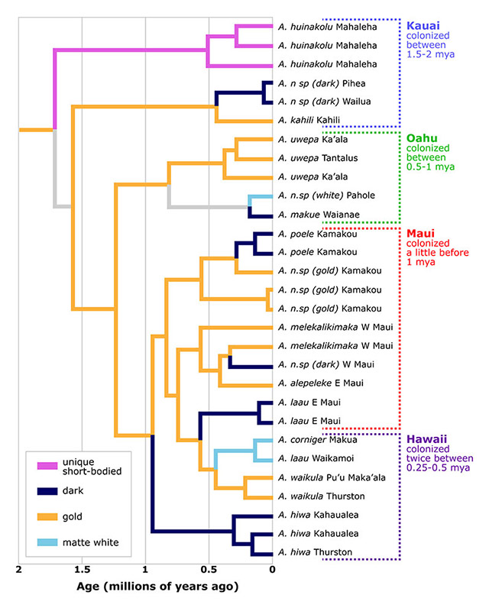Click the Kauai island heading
click(423, 26)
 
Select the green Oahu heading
click(422, 138)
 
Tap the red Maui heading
click(420, 234)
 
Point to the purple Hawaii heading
click(426, 439)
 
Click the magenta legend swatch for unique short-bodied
click(47, 466)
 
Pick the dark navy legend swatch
click(47, 491)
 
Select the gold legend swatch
click(47, 517)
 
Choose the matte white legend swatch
click(47, 542)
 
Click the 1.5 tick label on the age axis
click(82, 570)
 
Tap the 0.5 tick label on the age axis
click(209, 570)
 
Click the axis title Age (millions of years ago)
click(157, 587)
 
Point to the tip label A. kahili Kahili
click(309, 120)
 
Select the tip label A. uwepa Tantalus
click(318, 158)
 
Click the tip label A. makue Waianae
click(319, 215)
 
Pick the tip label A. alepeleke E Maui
click(321, 383)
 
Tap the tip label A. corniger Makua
click(317, 440)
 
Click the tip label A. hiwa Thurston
click(315, 552)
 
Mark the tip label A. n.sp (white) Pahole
click(326, 196)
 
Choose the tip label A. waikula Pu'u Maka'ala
click(332, 478)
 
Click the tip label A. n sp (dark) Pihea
click(322, 84)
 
